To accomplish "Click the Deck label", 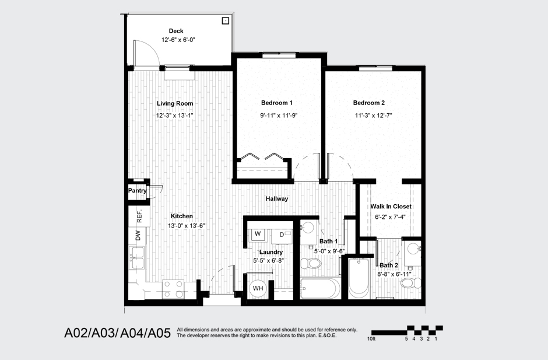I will [x=176, y=31].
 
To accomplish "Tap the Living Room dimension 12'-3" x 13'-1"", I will [x=174, y=116].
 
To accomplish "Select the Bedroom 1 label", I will [x=277, y=103].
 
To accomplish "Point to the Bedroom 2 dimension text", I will [x=373, y=116].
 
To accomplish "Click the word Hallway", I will [x=277, y=199].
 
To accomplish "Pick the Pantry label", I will [x=138, y=190].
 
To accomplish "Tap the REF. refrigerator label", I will [x=140, y=216].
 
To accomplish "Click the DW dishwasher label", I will [x=138, y=236].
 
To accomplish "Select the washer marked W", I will [x=257, y=235].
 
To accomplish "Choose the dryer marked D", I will [x=281, y=235].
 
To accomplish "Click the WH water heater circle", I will [x=258, y=288].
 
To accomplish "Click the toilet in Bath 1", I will [x=313, y=264].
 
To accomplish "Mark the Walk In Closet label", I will [x=391, y=207].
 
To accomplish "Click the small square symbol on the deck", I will [x=225, y=21].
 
